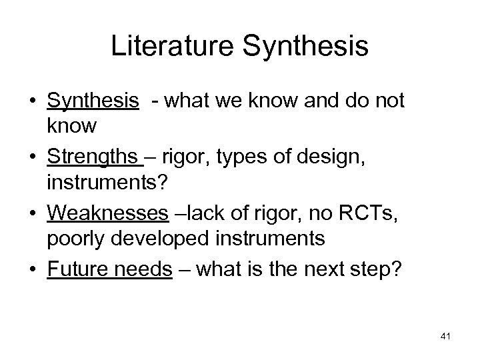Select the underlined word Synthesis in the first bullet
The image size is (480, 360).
pyautogui.click(x=93, y=101)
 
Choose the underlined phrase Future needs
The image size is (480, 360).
pyautogui.click(x=109, y=269)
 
